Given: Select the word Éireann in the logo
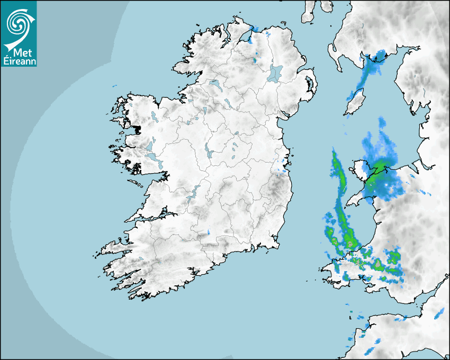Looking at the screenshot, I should pyautogui.click(x=19, y=60).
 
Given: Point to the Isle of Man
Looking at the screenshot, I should pyautogui.click(x=353, y=102).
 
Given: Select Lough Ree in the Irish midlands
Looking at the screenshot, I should pyautogui.click(x=209, y=153).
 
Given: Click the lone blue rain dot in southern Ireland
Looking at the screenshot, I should pyautogui.click(x=209, y=232).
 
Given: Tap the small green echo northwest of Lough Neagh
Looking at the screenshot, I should pyautogui.click(x=256, y=60).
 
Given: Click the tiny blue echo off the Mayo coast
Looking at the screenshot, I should pyautogui.click(x=114, y=85).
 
